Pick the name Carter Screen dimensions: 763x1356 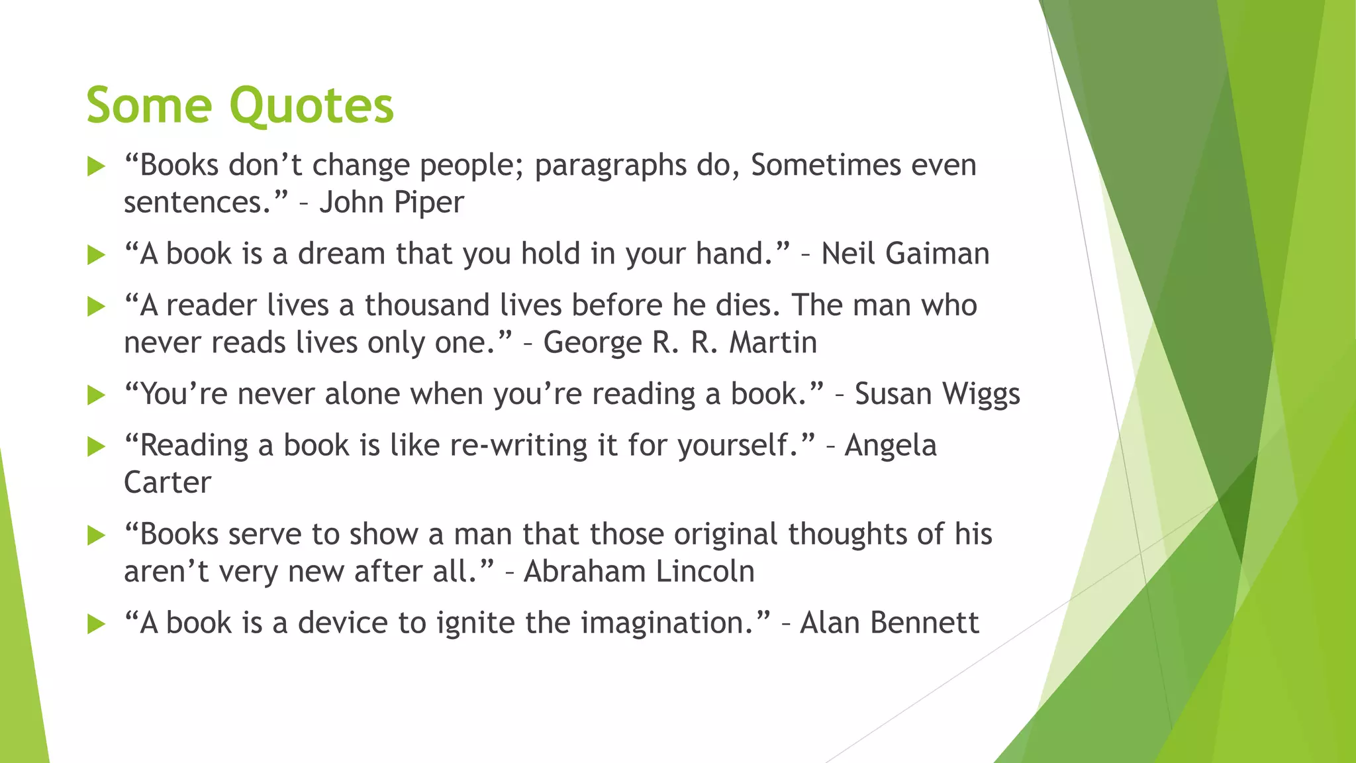coord(168,483)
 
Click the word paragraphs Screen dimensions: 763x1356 coord(610,166)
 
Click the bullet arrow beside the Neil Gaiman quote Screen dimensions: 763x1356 coord(97,255)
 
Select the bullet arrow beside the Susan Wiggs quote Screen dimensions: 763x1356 coord(97,395)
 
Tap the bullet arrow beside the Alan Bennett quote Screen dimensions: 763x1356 coord(97,624)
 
